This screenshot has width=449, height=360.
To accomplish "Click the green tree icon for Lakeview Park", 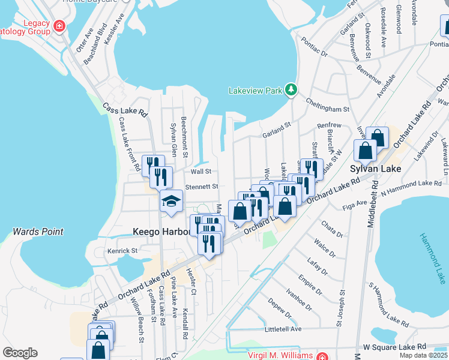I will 291,90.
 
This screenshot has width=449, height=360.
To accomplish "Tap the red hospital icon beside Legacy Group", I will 59,26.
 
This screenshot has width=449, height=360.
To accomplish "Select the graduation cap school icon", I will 171,201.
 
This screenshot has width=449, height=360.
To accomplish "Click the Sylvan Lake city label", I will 372,170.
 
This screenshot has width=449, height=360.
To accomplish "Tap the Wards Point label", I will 38,232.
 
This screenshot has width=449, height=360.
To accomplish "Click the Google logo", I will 20,353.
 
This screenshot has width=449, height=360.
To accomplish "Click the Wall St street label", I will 201,172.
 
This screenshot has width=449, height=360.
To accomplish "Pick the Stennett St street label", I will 201,187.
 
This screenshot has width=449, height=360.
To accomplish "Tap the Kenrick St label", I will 122,250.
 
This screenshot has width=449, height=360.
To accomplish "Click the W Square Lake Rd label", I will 394,347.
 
